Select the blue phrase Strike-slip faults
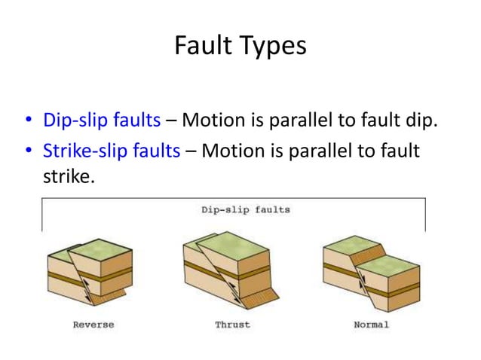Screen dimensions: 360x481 point(112,151)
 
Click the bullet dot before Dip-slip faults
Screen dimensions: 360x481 point(28,121)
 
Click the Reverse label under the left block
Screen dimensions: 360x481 point(93,325)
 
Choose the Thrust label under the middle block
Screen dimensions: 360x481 point(232,325)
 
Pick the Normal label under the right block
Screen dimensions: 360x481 point(371,325)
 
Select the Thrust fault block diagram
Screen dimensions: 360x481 point(231,267)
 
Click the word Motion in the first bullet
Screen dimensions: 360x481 point(210,120)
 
